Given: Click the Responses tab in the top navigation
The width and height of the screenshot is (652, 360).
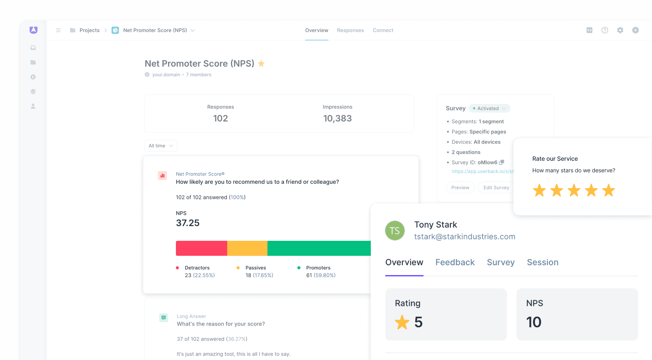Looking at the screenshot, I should coord(350,30).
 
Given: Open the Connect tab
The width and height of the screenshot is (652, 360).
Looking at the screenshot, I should coord(383,30).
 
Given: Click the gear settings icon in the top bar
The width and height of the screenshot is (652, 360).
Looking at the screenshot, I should coord(620,30).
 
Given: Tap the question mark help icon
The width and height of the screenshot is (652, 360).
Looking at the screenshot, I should coord(605,30).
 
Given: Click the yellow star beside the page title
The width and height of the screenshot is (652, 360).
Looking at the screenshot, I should coord(261,64).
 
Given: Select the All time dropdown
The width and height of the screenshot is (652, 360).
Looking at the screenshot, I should coord(161,146).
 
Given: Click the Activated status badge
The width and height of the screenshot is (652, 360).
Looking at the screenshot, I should coord(489,108).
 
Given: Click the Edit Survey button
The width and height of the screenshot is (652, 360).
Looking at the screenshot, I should coord(496,187).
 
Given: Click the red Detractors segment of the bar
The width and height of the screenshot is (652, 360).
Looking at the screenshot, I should coord(201,248).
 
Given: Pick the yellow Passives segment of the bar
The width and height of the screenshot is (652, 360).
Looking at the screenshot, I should coord(247,248).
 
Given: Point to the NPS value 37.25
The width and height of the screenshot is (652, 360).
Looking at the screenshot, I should coord(188,223).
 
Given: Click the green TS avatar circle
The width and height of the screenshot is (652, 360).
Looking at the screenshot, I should coord(395,231).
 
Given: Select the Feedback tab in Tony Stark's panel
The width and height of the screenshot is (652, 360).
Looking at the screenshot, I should coord(455,262).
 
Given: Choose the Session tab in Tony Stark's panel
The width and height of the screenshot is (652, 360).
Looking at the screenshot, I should coord(542,262).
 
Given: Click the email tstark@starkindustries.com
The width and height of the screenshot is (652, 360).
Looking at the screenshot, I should coord(465,236).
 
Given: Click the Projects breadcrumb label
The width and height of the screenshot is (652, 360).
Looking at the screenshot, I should coord(89,30).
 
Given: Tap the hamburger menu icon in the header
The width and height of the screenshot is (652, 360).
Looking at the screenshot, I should coord(58,30).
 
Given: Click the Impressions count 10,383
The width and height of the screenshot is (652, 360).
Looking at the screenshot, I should coord(337,118).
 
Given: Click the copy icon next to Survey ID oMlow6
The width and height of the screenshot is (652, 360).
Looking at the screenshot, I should coord(502,162).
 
